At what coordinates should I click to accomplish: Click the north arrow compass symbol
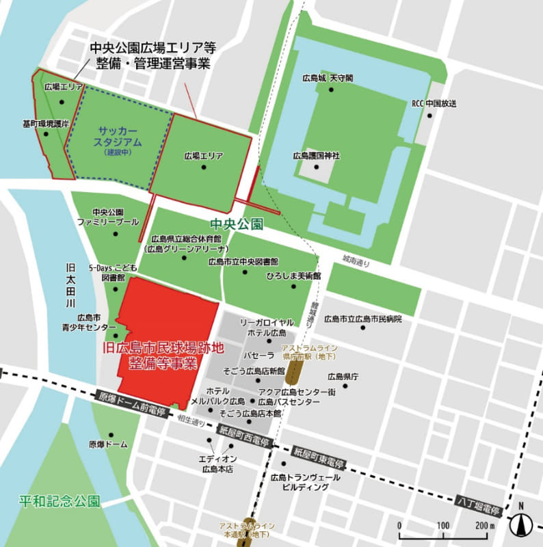(x=521, y=525)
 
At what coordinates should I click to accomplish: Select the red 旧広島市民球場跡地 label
(x=163, y=354)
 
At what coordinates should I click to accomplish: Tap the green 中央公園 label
(x=237, y=224)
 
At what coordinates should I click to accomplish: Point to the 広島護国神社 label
(x=316, y=156)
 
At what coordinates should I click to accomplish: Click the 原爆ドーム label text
(x=108, y=444)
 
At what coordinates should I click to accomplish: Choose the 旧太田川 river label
(x=70, y=284)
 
